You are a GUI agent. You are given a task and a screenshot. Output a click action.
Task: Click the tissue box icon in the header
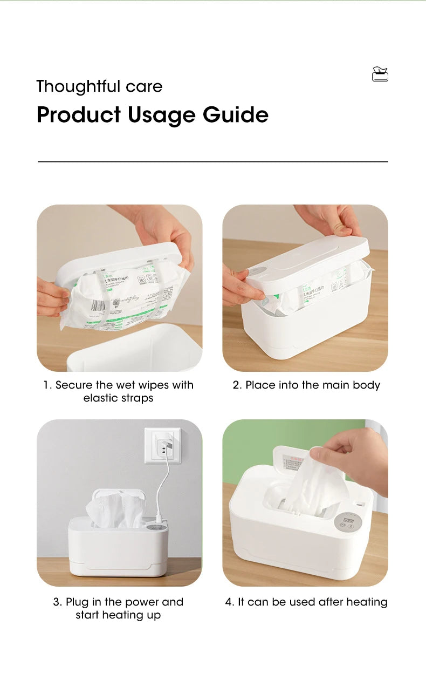[x=380, y=74]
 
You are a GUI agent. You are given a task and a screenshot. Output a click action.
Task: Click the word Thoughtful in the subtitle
[x=78, y=86]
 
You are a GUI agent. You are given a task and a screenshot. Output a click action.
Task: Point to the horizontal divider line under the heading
[x=212, y=161]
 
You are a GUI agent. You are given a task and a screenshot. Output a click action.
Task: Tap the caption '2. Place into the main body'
[x=306, y=385]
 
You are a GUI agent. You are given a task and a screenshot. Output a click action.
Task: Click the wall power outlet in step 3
[x=162, y=446]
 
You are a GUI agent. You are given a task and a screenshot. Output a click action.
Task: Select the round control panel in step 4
[x=344, y=523]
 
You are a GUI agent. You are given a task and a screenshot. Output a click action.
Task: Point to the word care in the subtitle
[x=144, y=86]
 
